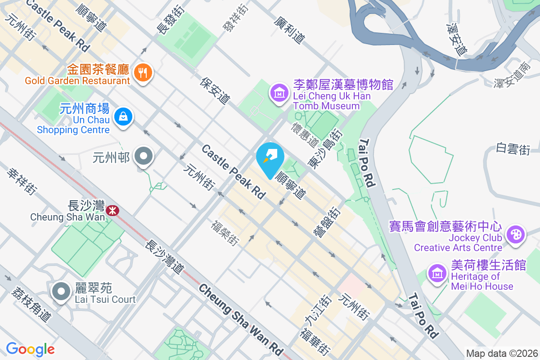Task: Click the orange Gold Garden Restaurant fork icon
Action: point(143,72)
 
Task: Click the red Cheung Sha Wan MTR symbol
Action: point(112,209)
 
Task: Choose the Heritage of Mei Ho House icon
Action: point(436,273)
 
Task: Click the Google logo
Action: point(30,349)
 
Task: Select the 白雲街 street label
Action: point(513,149)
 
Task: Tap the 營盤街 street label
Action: point(326,221)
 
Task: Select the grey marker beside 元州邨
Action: point(144,157)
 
